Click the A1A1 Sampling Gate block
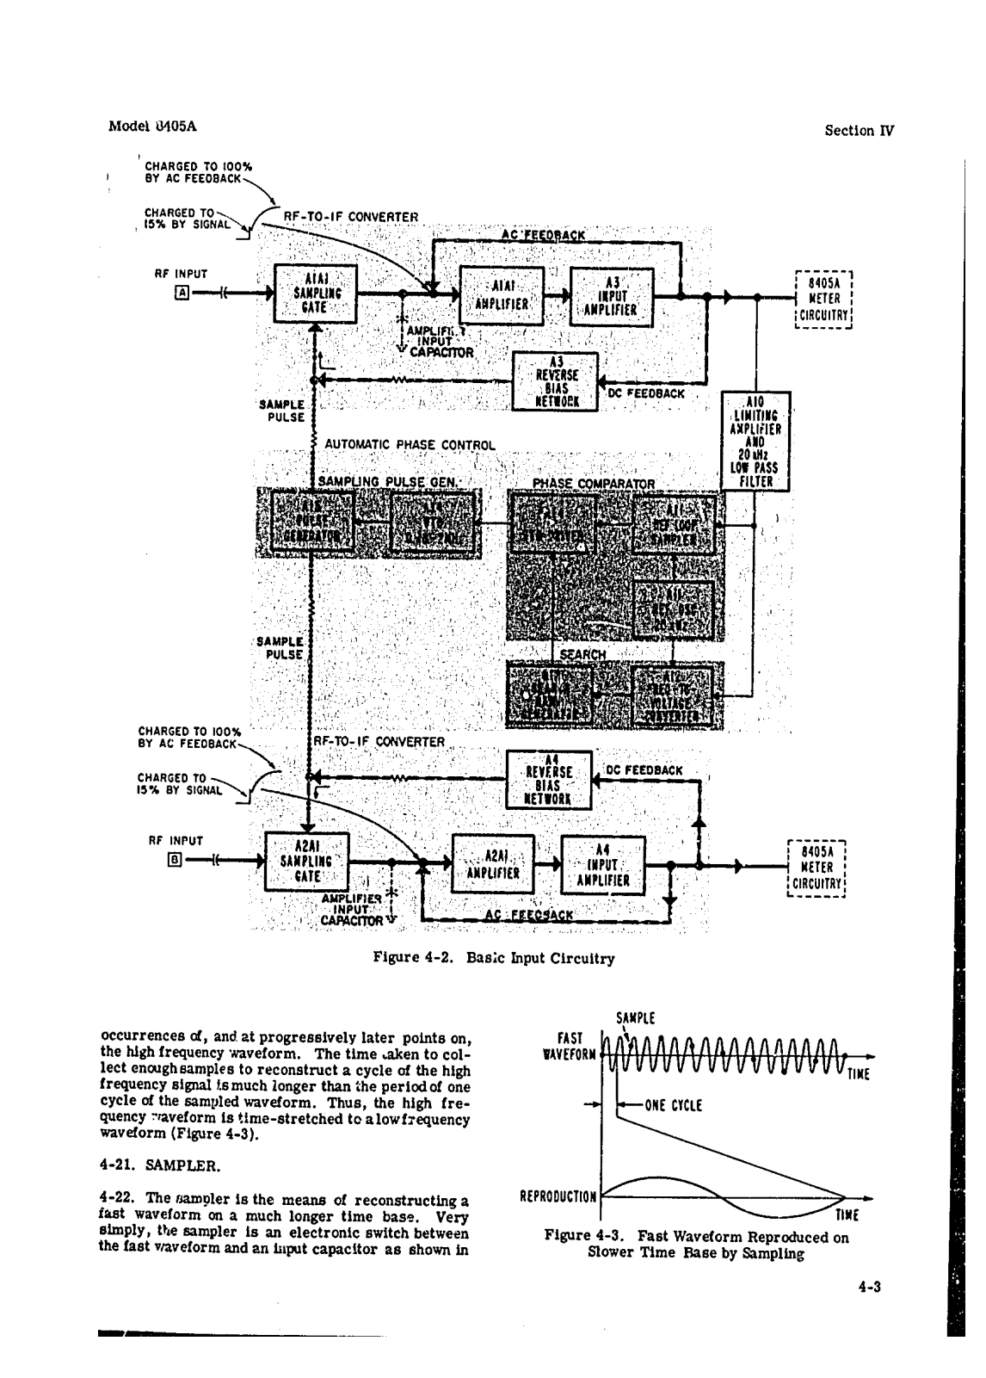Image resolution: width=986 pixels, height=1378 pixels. pyautogui.click(x=315, y=294)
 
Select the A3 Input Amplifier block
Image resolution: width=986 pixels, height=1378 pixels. pyautogui.click(x=612, y=297)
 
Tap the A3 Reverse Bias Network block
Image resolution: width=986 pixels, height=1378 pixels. pyautogui.click(x=556, y=382)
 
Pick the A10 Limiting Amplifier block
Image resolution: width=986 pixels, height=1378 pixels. pyautogui.click(x=755, y=442)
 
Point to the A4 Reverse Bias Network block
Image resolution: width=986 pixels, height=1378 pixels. pyautogui.click(x=549, y=779)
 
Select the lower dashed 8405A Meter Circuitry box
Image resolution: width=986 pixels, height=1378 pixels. pyautogui.click(x=818, y=868)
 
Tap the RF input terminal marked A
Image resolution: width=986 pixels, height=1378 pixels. pyautogui.click(x=182, y=294)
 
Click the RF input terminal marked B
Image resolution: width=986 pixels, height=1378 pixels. pyautogui.click(x=175, y=859)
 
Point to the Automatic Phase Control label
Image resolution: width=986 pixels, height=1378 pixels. pyautogui.click(x=410, y=445)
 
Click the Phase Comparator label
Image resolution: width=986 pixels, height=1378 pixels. pyautogui.click(x=595, y=484)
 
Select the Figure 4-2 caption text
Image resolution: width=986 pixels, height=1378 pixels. pyautogui.click(x=494, y=958)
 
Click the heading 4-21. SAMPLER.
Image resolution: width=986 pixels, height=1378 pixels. pyautogui.click(x=160, y=1167)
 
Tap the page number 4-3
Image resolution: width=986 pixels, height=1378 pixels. pyautogui.click(x=872, y=1288)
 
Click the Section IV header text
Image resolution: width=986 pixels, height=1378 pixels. pyautogui.click(x=859, y=131)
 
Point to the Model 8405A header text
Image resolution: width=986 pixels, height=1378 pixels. pyautogui.click(x=152, y=126)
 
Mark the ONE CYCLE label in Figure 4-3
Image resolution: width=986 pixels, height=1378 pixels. pyautogui.click(x=674, y=1105)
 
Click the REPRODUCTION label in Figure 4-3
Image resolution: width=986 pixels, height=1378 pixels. pyautogui.click(x=558, y=1196)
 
